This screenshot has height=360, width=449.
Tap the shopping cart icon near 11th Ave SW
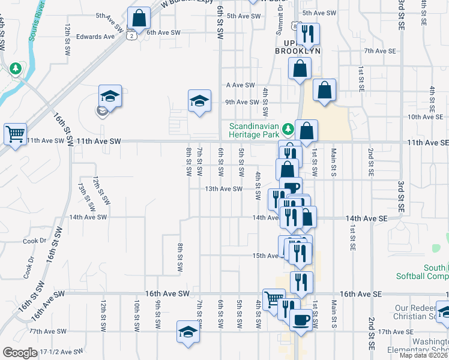click(15, 134)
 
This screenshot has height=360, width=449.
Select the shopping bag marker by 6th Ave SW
click(139, 19)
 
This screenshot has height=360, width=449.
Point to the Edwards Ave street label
click(95, 37)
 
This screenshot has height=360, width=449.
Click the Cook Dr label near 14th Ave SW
click(34, 241)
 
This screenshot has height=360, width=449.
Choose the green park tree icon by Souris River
click(15, 68)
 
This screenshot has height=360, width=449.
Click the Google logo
click(19, 352)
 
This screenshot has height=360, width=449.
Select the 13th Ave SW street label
click(223, 189)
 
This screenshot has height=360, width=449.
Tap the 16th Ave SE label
click(361, 294)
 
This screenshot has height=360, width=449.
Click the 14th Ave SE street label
click(366, 220)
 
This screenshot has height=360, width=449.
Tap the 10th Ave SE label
click(424, 117)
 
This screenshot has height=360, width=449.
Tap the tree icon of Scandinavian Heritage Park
click(288, 128)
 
